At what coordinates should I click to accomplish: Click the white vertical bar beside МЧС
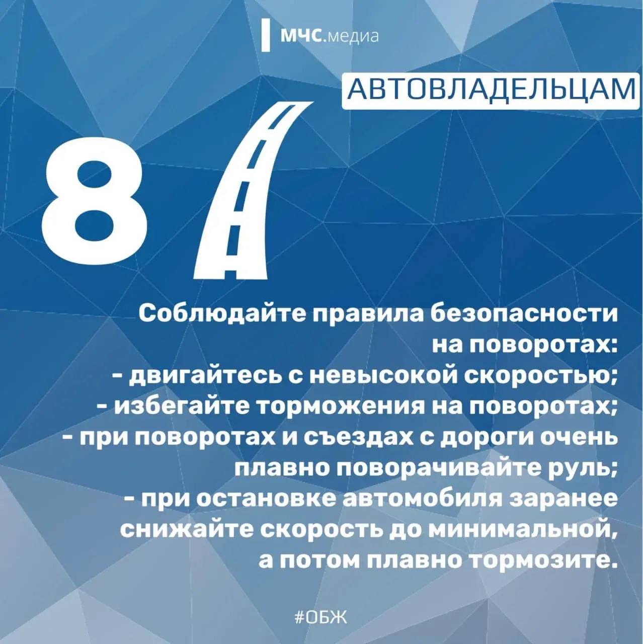[x=266, y=36]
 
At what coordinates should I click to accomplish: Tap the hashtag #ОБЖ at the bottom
[x=320, y=617]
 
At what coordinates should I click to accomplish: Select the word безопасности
[x=524, y=314]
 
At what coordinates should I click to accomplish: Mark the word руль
[x=581, y=468]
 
